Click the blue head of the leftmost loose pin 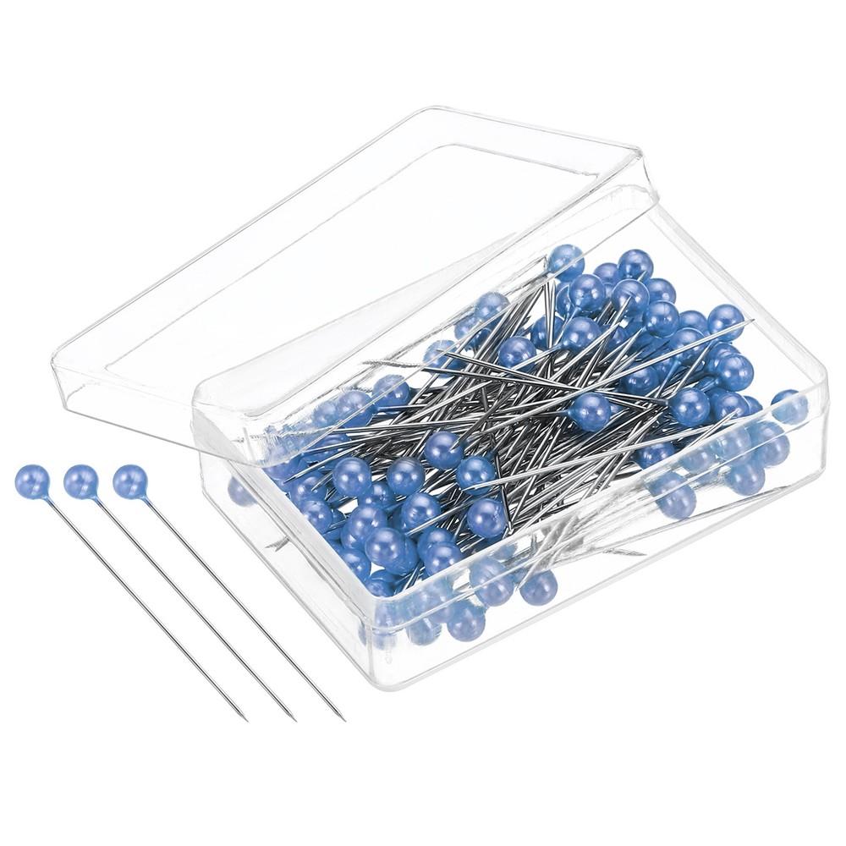click(x=32, y=481)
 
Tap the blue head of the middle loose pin click(x=81, y=481)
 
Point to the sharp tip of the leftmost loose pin click(x=245, y=719)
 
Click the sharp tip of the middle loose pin click(x=295, y=719)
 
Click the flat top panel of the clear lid click(x=338, y=254)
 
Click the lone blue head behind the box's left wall click(x=243, y=491)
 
